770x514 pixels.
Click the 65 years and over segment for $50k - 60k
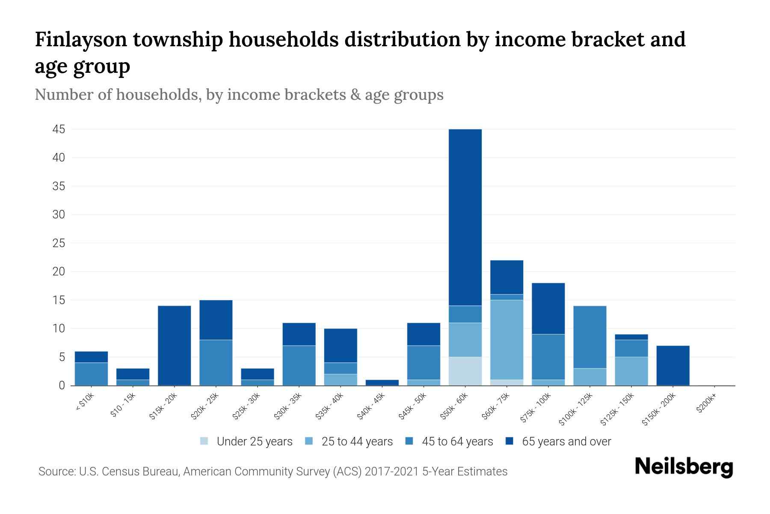coord(465,217)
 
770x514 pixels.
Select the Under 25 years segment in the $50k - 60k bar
coord(465,371)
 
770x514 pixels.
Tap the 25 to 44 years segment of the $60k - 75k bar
coord(506,340)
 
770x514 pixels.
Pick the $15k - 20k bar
coord(174,345)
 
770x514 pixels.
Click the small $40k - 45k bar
coord(382,383)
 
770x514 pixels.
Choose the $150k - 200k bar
coord(673,365)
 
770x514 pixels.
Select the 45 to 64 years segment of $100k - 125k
coord(590,337)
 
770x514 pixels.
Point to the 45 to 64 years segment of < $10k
coord(91,374)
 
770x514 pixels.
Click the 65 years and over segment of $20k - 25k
coord(216,320)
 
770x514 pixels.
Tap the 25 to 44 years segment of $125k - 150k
coord(631,371)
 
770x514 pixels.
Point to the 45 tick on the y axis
coord(59,129)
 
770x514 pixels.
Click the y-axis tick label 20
coord(59,272)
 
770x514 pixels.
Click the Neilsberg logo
coord(684,467)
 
